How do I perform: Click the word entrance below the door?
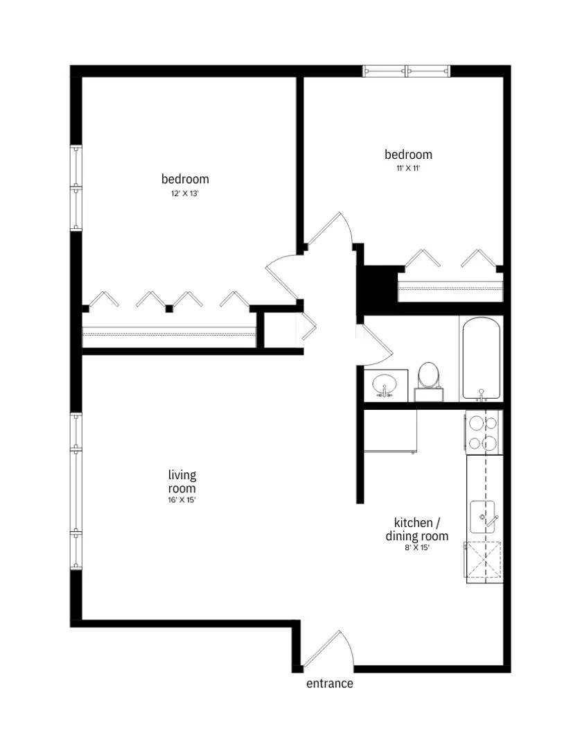click(x=330, y=684)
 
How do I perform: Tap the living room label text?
click(x=182, y=481)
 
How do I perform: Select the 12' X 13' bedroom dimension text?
click(x=185, y=194)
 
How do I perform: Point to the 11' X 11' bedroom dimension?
click(x=408, y=169)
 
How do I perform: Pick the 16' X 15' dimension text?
click(x=182, y=500)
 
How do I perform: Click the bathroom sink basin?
click(x=384, y=384)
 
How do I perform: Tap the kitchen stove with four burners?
click(x=483, y=432)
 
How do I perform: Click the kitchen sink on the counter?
click(x=484, y=516)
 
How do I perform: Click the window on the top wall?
click(x=407, y=71)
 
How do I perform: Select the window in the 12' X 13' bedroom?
click(x=76, y=187)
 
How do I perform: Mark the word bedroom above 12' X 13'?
click(x=185, y=179)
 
